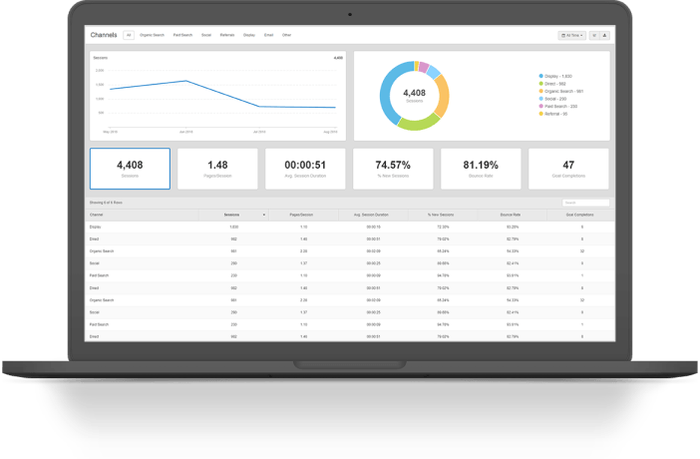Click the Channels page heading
[104, 35]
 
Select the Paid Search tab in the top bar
[183, 35]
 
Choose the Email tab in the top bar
[269, 35]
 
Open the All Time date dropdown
[572, 35]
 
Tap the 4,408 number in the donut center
[414, 92]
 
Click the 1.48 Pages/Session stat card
[217, 168]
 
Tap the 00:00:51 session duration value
[305, 165]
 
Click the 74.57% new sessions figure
[393, 165]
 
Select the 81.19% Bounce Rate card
[481, 168]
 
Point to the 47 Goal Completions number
[568, 165]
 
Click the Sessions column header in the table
[231, 215]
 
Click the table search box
[585, 203]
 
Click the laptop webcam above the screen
[349, 14]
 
